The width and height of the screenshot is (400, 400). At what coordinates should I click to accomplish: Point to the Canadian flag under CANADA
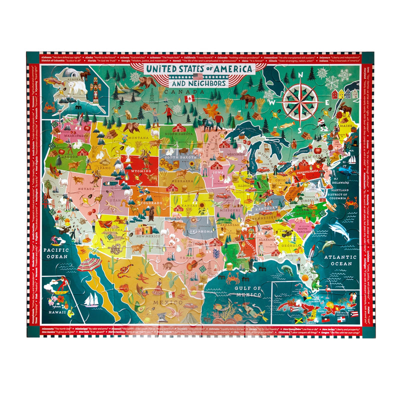coord(189,99)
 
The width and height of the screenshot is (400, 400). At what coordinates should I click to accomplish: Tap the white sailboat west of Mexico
coord(92,299)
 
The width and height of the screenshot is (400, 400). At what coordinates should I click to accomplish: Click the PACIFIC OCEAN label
coord(55,252)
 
